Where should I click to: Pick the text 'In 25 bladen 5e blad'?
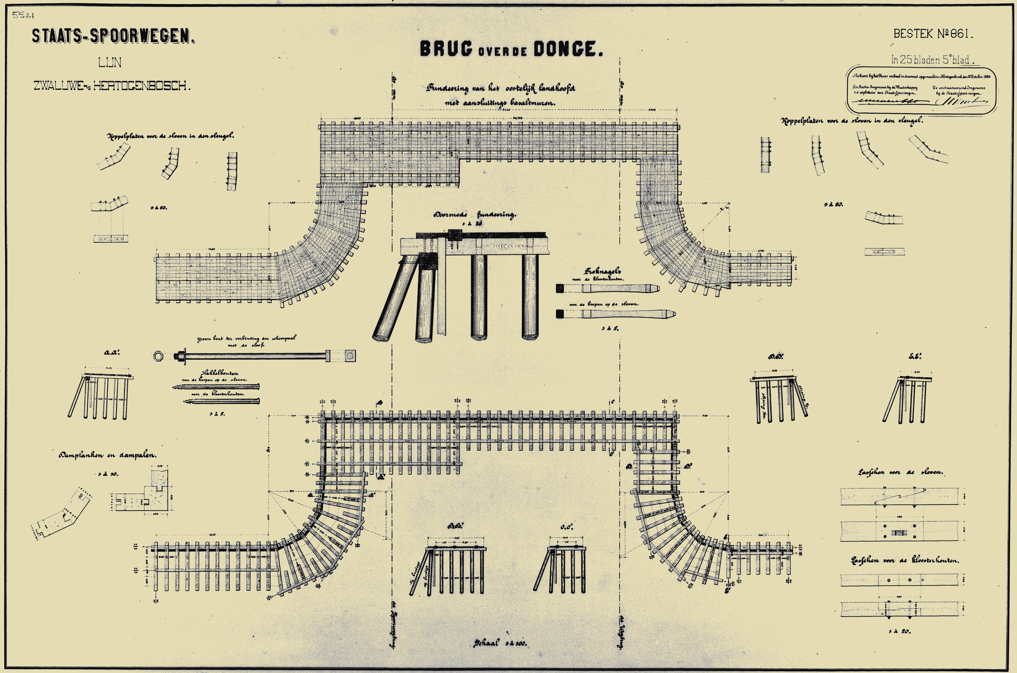point(932,60)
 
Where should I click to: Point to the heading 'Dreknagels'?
point(603,272)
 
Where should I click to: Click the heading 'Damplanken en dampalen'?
point(108,455)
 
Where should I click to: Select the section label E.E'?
point(915,356)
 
